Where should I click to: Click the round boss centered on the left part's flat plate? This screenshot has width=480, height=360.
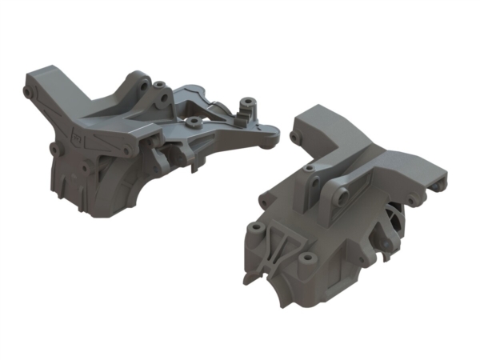click(x=194, y=121)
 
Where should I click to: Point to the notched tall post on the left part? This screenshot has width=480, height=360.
click(x=247, y=108)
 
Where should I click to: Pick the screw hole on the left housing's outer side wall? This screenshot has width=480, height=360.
click(x=54, y=149)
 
